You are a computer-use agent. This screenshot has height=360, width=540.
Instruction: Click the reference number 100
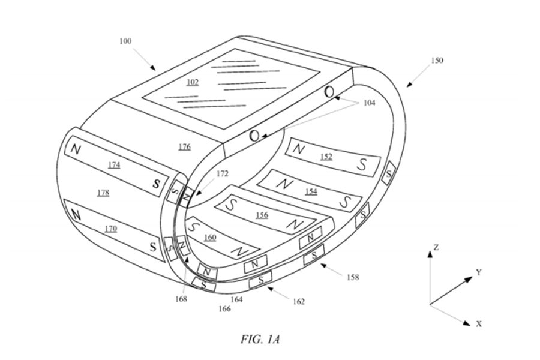click(x=125, y=41)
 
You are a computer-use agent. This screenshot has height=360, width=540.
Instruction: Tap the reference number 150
click(x=437, y=60)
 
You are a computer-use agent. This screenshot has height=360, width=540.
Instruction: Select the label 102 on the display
click(x=193, y=82)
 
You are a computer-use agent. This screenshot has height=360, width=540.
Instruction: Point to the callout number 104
click(x=369, y=103)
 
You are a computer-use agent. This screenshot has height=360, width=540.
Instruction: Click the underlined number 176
click(x=185, y=147)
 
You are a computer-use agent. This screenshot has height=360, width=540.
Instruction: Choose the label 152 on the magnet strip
click(x=326, y=157)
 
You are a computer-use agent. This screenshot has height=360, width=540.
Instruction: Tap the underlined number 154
click(x=311, y=191)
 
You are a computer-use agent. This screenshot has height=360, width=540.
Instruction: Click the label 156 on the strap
click(x=262, y=215)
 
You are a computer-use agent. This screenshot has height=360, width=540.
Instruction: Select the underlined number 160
click(x=210, y=238)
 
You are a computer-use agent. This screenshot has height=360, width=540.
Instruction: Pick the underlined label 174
click(x=114, y=165)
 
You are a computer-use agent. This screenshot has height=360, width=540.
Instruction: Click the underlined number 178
click(x=103, y=193)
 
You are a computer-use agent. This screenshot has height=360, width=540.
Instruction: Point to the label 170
click(x=110, y=229)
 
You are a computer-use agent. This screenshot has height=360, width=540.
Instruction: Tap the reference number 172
click(x=222, y=173)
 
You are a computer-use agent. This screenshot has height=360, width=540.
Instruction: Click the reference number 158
click(x=353, y=277)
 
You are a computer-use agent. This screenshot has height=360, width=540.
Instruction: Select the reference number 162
click(x=299, y=302)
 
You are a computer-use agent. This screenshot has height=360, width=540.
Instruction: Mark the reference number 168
click(x=181, y=299)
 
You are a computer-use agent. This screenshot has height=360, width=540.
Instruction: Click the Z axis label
click(x=436, y=247)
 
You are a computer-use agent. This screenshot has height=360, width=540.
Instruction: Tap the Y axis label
click(x=479, y=272)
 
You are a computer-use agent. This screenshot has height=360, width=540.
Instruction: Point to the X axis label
click(x=479, y=324)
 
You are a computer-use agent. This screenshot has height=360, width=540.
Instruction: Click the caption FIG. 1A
click(x=260, y=340)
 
